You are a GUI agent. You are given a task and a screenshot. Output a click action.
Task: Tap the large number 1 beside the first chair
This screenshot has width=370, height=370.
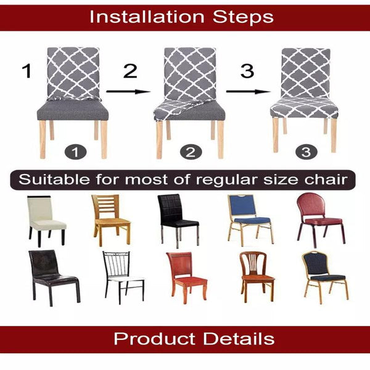point(27,71)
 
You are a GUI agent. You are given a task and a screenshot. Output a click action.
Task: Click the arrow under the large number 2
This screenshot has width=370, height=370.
point(128,91)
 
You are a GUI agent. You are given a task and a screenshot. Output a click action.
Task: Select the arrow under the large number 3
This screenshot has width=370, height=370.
point(248,91)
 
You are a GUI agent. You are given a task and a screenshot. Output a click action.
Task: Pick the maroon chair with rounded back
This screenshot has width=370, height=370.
point(319,216)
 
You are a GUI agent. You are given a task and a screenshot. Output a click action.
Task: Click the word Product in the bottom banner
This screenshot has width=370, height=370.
point(149,339)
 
